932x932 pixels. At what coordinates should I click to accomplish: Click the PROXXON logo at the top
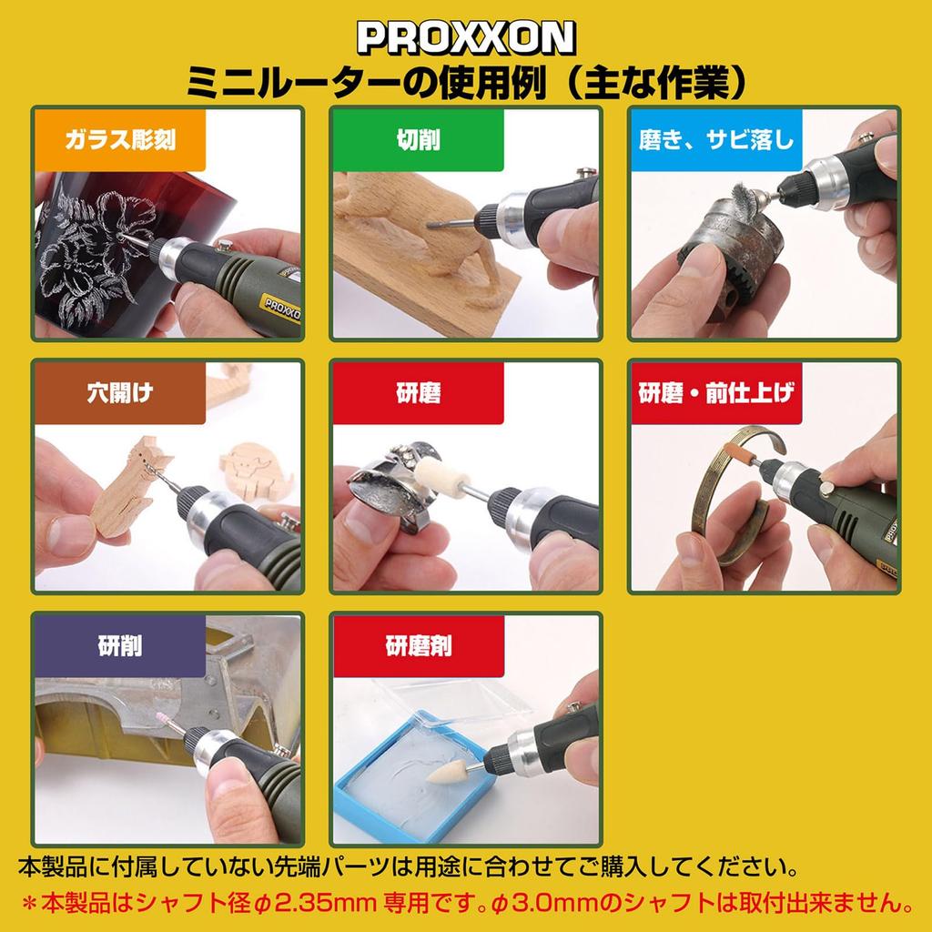tap(465, 37)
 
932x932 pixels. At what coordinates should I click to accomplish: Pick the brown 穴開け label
tap(119, 393)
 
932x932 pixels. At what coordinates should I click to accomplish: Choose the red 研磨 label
tap(417, 393)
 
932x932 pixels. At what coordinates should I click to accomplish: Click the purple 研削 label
tap(119, 646)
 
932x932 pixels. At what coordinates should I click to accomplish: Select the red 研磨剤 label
tap(417, 646)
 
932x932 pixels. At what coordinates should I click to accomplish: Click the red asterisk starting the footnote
tap(29, 906)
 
